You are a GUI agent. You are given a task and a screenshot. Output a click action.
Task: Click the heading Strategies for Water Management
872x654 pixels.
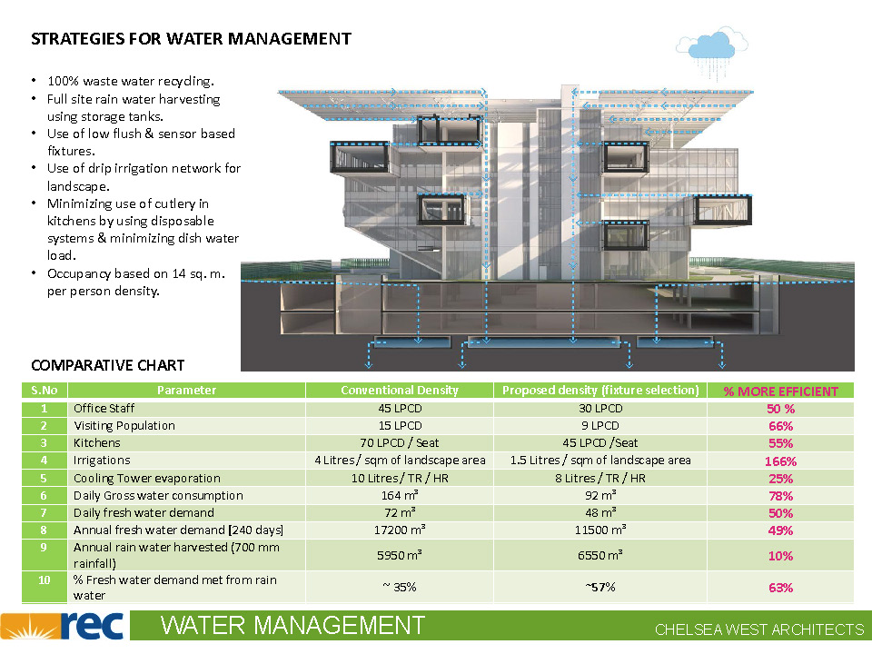(191, 39)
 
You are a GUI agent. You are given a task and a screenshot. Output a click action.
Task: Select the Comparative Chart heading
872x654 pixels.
(108, 365)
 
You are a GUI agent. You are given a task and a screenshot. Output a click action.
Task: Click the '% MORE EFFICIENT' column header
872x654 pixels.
(780, 391)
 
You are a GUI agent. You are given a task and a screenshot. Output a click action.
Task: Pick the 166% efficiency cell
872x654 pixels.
(780, 461)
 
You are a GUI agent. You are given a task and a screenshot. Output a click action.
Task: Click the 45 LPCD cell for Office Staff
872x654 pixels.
(400, 408)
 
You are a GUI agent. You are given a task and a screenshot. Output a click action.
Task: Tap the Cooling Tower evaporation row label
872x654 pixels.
(147, 478)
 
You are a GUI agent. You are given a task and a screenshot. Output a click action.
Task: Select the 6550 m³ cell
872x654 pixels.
(599, 555)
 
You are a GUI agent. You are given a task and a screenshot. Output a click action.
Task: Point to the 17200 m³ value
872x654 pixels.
(400, 530)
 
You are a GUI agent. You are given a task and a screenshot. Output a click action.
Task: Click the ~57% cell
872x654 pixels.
(599, 587)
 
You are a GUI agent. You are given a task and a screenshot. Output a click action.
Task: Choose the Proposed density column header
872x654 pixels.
(600, 391)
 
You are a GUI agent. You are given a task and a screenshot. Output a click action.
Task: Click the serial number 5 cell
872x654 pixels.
(44, 478)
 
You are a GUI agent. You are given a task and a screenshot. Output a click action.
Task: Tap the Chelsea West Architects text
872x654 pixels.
(759, 629)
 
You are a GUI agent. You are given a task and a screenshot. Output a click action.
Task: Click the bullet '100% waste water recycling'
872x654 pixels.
(131, 82)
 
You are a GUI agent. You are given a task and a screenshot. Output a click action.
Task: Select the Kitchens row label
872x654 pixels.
(97, 443)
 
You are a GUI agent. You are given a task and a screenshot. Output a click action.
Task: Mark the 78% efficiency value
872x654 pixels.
(780, 495)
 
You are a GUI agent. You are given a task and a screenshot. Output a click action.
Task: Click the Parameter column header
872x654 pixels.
(186, 391)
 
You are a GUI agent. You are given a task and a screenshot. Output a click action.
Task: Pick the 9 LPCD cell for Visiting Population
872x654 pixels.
(599, 425)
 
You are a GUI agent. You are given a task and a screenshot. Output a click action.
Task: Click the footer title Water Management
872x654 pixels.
(292, 626)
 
